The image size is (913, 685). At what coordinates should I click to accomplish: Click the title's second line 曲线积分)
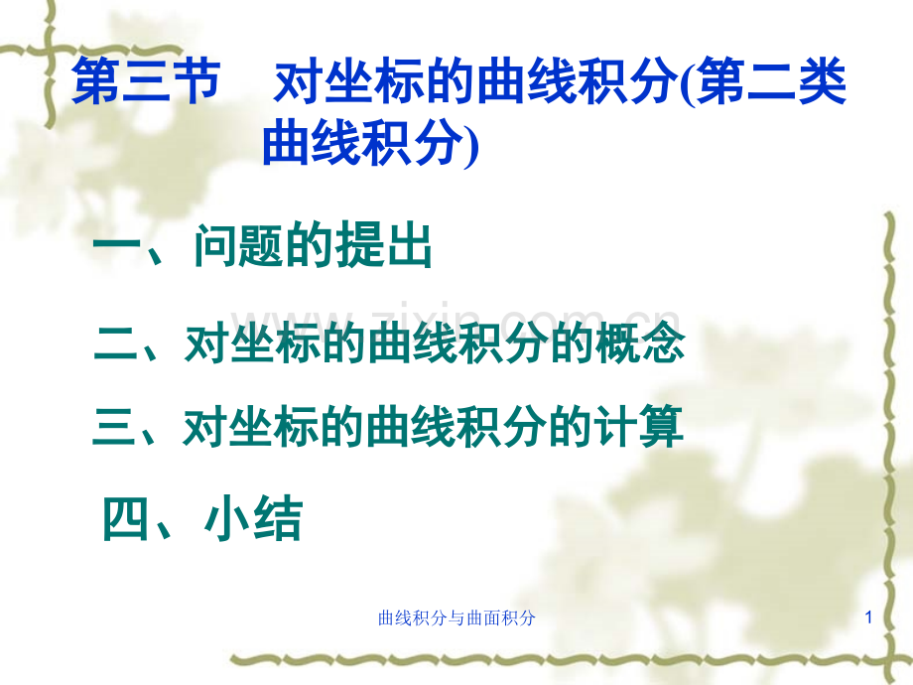click(x=370, y=146)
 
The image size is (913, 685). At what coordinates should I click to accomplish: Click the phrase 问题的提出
click(x=313, y=249)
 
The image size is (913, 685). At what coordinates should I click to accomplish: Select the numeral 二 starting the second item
click(x=114, y=345)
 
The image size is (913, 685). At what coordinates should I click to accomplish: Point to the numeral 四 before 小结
click(x=128, y=519)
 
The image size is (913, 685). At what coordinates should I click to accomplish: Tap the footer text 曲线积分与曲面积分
click(x=457, y=618)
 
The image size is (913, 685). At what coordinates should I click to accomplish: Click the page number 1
click(x=868, y=618)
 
